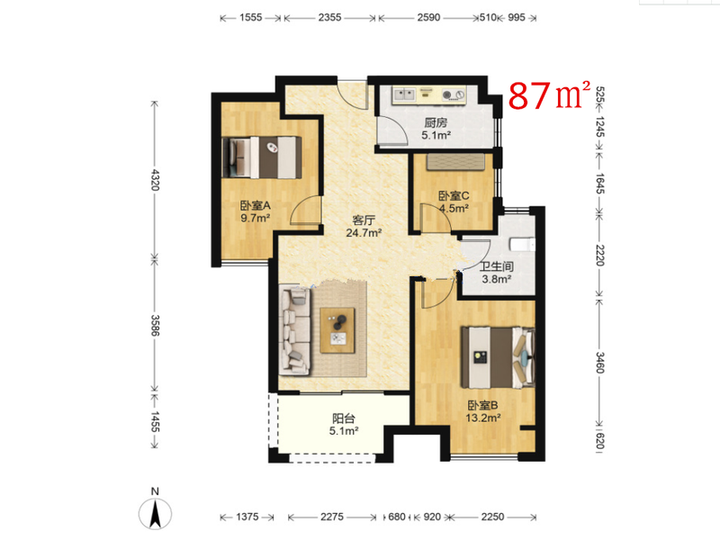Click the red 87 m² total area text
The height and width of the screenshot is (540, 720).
click(x=549, y=95)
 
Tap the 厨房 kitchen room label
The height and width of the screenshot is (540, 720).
click(x=436, y=122)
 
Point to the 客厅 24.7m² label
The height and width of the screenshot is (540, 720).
click(x=364, y=227)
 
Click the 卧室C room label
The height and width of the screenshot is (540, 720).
click(x=454, y=196)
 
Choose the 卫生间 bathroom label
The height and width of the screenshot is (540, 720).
click(x=497, y=266)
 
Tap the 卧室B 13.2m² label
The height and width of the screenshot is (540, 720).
click(x=483, y=411)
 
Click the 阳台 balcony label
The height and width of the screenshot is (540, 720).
click(x=344, y=418)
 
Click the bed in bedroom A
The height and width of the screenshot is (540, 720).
click(x=262, y=157)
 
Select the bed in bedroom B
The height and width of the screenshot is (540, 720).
click(x=499, y=357)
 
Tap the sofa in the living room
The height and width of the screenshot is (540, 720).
click(x=295, y=329)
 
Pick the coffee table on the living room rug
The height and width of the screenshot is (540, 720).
click(x=337, y=330)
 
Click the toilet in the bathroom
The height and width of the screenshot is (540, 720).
click(x=523, y=244)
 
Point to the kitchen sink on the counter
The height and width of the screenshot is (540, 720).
click(x=404, y=95)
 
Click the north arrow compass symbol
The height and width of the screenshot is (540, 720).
click(x=155, y=513)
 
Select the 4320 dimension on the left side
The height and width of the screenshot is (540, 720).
click(x=155, y=179)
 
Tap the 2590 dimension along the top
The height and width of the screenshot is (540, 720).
click(x=428, y=17)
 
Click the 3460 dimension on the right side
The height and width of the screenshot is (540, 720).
click(x=600, y=363)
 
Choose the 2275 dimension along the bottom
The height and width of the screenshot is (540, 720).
click(x=331, y=517)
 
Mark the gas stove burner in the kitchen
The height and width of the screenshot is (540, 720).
click(x=446, y=95)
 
